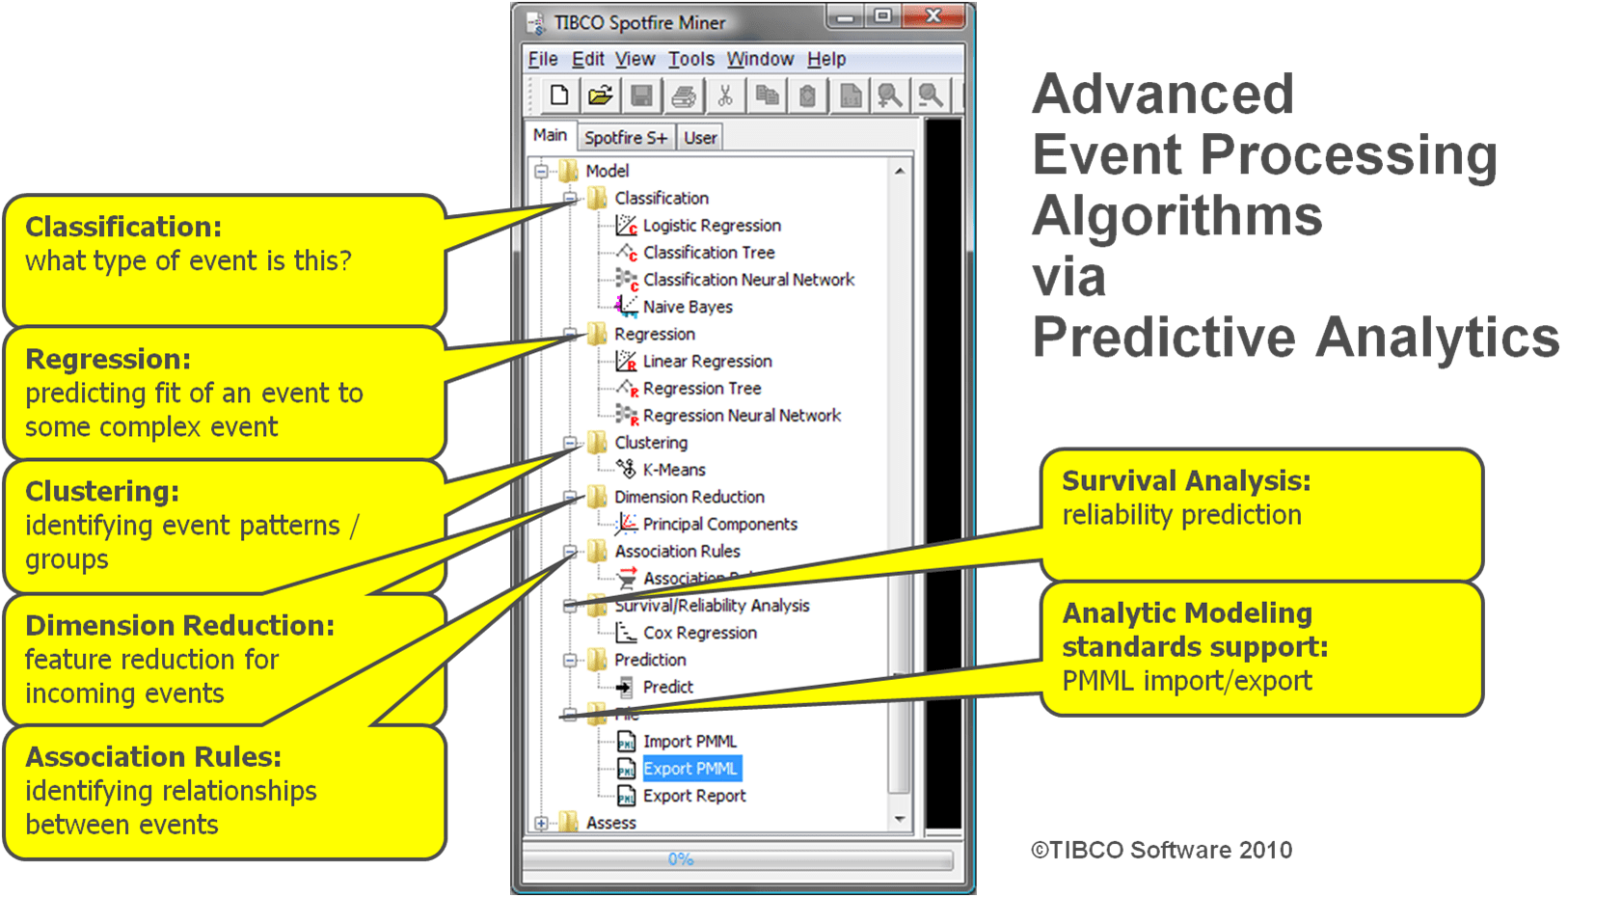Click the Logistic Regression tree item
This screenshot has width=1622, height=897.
[x=712, y=226]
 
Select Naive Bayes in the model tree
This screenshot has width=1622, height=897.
[x=688, y=307]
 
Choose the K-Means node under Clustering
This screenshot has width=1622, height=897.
[x=674, y=470]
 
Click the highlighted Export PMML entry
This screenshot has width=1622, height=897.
[x=690, y=769]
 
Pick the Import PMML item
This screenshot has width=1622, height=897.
[x=689, y=742]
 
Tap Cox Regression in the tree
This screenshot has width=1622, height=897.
[x=699, y=633]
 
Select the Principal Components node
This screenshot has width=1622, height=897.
[x=719, y=524]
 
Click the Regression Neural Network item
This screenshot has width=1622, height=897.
[x=742, y=416]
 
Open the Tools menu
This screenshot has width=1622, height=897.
[x=691, y=59]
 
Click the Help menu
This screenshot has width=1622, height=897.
[x=826, y=59]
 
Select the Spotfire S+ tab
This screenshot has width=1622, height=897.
[x=626, y=138]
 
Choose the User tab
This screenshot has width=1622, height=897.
[x=700, y=138]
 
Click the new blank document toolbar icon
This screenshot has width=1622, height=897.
[x=558, y=95]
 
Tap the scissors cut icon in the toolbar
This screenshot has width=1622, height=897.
[x=725, y=95]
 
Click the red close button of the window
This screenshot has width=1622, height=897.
[x=933, y=16]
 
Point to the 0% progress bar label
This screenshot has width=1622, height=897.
[x=681, y=858]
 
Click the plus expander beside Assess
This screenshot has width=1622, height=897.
[x=541, y=823]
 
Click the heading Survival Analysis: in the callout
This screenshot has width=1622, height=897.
[x=1186, y=480]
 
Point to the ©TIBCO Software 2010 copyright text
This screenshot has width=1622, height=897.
[x=1162, y=850]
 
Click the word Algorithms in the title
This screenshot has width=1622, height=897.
[x=1176, y=215]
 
